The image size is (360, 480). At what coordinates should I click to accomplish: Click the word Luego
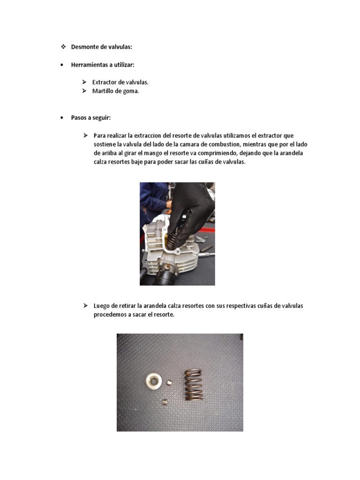102,306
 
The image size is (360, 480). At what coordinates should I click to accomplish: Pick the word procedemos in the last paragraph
110,315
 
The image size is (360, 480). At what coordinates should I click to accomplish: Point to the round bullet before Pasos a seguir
62,118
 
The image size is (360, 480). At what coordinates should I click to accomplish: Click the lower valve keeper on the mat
164,402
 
